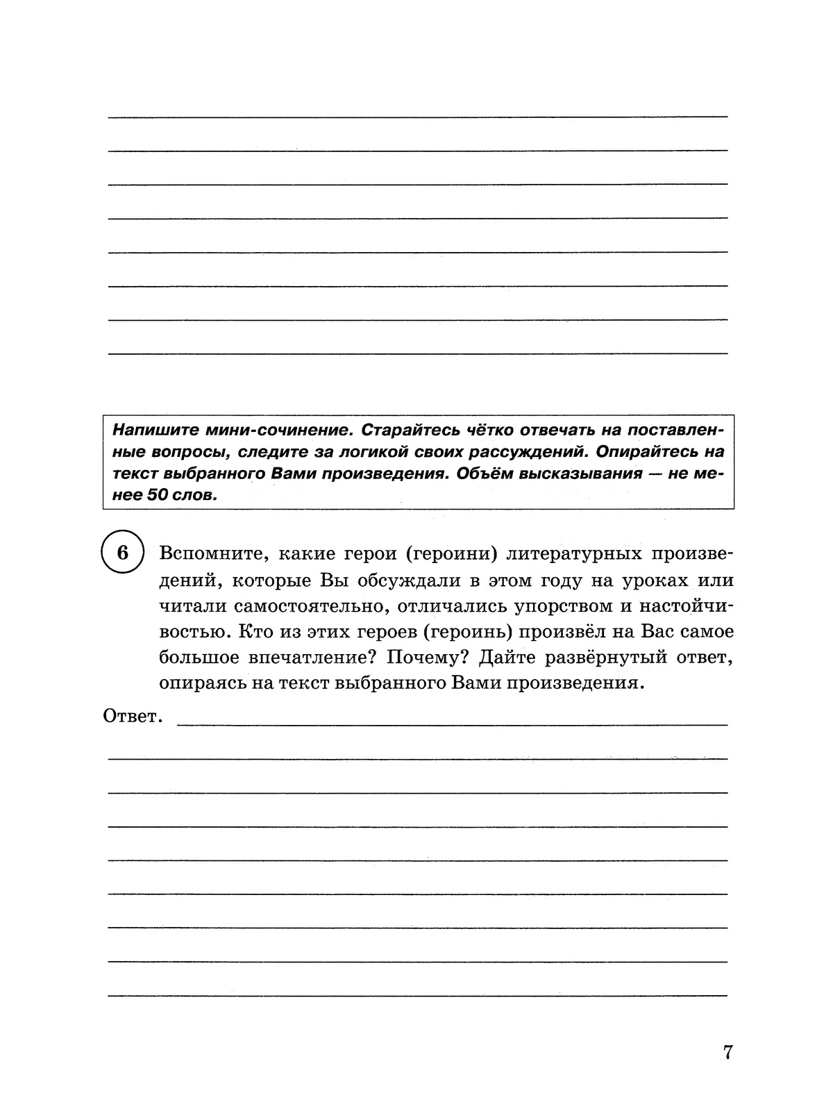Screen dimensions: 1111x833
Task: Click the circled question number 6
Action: (122, 553)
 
